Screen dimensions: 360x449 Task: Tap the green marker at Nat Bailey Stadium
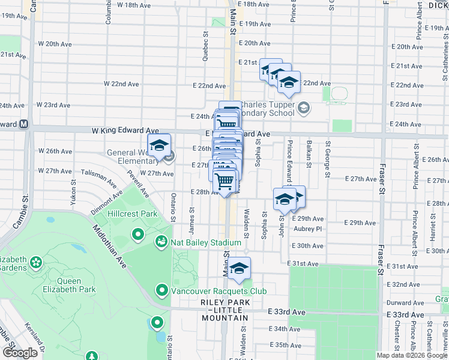(161, 242)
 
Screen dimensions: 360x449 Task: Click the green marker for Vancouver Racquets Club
(161, 291)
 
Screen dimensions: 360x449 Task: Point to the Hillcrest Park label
(132, 214)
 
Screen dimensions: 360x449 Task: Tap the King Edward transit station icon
(24, 124)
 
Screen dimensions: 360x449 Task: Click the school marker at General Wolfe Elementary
(160, 146)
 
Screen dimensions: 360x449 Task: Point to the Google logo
(19, 353)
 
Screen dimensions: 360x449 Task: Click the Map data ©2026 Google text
(412, 355)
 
